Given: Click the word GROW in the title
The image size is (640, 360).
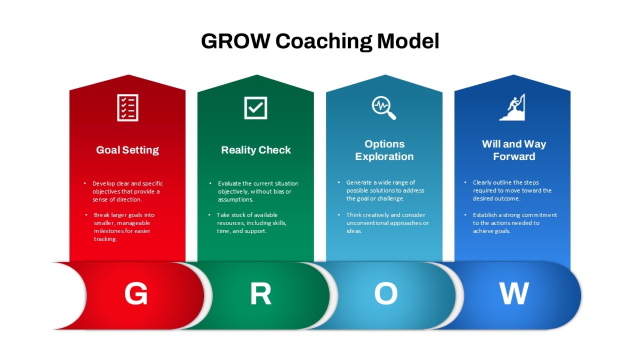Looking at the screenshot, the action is tap(236, 41).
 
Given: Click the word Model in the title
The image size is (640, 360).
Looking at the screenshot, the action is tap(408, 41).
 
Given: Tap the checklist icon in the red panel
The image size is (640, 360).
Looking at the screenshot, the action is tap(127, 108).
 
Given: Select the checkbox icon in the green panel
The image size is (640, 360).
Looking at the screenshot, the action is tap(255, 108).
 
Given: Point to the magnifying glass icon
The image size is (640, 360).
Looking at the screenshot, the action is tap(384, 108).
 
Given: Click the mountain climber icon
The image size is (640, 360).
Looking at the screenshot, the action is tap(513, 107).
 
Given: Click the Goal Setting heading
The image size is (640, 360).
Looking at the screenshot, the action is tap(127, 150).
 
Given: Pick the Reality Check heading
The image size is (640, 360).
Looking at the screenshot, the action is tap(255, 150).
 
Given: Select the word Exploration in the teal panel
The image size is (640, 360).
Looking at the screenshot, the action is tap(385, 157).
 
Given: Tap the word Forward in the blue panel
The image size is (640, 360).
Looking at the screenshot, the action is tap(514, 157).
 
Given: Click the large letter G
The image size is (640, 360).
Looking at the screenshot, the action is tap(136, 293).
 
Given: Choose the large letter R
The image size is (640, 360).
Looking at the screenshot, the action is tap(261, 293).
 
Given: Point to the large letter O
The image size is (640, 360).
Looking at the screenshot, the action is tap(386, 293).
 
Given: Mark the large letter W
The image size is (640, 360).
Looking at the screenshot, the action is tap(514, 293).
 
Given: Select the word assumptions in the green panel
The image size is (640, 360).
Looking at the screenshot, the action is tap(235, 199).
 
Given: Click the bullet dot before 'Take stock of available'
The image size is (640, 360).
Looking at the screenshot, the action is tap(210, 214).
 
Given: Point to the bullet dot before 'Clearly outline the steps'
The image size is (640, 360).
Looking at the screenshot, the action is tap(466, 182).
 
